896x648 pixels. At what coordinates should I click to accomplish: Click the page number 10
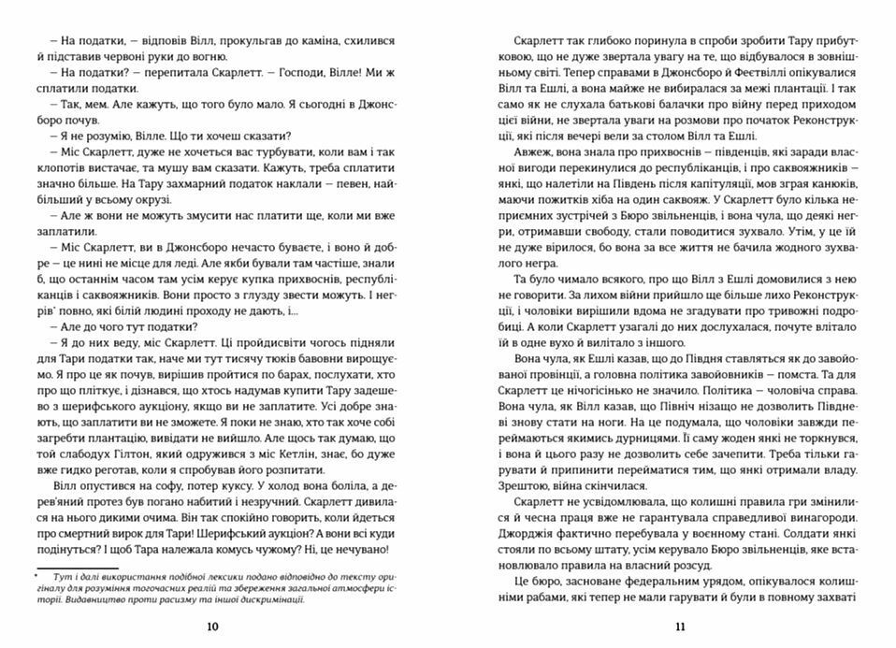[211, 626]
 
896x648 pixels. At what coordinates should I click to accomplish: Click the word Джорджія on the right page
[524, 526]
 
